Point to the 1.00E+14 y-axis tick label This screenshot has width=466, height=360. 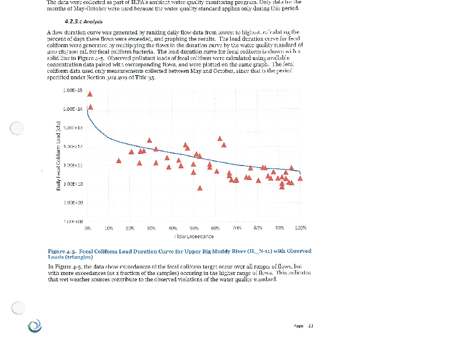click(x=73, y=109)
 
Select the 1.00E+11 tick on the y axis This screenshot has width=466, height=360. click(x=73, y=165)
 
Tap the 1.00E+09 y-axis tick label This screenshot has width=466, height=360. click(x=73, y=202)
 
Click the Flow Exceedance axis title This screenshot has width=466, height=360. click(x=195, y=236)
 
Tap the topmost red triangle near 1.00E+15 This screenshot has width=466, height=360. click(x=90, y=94)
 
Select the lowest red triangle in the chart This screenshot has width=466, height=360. click(x=200, y=188)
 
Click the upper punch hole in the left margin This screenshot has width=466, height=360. click(x=17, y=128)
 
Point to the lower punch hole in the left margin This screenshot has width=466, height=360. click(x=17, y=307)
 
